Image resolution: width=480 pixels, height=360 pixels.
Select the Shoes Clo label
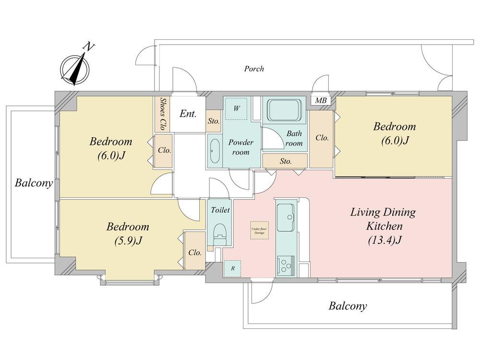163,114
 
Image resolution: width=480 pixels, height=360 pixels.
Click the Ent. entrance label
188,114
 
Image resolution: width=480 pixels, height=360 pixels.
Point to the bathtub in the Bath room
284,111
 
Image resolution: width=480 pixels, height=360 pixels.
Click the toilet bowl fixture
220,232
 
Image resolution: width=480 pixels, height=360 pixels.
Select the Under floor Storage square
259,230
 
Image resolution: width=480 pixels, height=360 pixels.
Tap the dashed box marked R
233,268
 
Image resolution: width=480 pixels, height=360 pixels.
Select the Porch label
254,69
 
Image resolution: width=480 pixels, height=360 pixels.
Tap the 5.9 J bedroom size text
127,241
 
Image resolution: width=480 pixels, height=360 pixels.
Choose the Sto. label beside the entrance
214,121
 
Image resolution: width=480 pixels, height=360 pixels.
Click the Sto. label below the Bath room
286,161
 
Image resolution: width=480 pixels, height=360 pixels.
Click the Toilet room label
220,210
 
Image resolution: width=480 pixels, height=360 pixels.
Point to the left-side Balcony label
34,183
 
